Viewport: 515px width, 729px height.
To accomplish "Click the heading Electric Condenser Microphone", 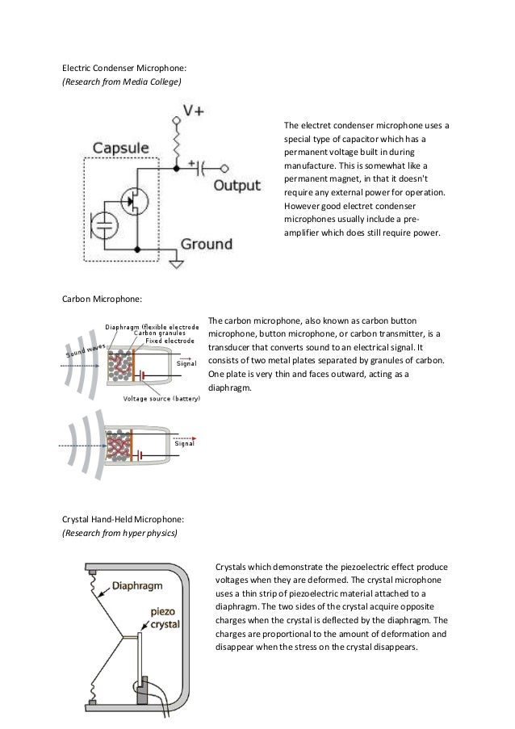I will (x=124, y=68).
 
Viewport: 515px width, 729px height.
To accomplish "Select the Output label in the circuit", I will (x=237, y=186).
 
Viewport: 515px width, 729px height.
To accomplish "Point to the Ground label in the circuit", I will (x=206, y=243).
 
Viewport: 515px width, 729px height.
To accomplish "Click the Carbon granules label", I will (x=160, y=333).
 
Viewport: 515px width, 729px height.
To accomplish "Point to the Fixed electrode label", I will (x=170, y=341).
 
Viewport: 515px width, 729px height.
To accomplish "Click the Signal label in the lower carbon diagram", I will (x=186, y=444).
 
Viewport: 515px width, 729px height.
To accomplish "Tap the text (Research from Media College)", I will (x=122, y=82).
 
